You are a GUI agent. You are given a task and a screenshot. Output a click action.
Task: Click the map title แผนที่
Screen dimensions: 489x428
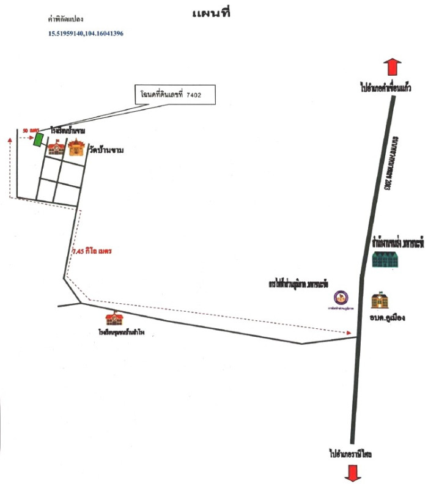pos(210,14)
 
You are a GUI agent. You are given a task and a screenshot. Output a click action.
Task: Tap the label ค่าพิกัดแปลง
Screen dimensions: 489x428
pos(69,20)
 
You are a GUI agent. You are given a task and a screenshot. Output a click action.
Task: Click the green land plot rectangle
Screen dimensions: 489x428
pos(38,139)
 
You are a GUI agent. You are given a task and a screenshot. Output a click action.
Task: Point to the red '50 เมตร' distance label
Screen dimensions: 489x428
pos(31,131)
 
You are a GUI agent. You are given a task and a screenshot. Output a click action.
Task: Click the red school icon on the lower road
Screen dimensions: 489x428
pos(112,318)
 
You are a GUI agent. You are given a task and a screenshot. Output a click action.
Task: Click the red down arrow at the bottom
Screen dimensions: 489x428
pos(353,472)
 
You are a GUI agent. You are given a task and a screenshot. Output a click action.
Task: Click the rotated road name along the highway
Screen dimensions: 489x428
pos(389,161)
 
